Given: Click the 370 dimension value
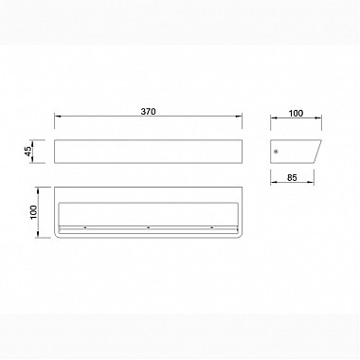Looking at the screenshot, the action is (148, 112).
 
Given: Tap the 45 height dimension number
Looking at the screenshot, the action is (28, 152).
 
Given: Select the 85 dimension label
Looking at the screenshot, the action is (292, 178).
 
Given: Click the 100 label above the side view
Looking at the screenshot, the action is (296, 113).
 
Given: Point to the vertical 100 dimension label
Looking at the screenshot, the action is (33, 212).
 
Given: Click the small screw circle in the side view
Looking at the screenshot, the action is (277, 152).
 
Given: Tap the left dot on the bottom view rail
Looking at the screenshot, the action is (85, 227).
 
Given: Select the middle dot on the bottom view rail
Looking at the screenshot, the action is (148, 227).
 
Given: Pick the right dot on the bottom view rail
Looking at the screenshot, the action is (211, 227).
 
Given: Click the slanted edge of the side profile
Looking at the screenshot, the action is (317, 152).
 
